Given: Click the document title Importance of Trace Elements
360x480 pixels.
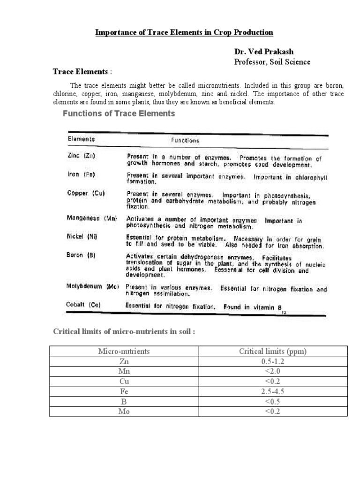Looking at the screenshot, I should (x=184, y=32).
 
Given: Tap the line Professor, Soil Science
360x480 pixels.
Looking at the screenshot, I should (x=272, y=62).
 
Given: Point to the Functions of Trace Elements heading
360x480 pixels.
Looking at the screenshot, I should (x=119, y=113).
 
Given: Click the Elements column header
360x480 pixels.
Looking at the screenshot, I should (x=81, y=139).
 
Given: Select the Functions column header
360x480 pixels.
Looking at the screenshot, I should (x=185, y=140).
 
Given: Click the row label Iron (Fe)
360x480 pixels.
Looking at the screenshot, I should (x=82, y=174).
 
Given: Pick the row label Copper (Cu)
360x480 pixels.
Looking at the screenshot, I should (x=85, y=193).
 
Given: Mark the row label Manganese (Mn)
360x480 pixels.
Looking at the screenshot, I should (x=92, y=218).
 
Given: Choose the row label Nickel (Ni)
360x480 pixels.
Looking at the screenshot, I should (x=82, y=237).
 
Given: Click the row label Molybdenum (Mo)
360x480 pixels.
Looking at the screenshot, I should (x=93, y=286).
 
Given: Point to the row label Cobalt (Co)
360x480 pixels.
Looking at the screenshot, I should (x=83, y=305).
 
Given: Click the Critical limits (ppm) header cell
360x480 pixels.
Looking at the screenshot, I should (x=273, y=352).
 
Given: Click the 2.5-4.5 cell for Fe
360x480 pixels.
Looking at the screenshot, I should (x=273, y=392).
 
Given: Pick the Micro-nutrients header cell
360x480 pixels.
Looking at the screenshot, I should (x=124, y=352).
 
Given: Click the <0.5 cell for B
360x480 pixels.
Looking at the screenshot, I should (x=273, y=402).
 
